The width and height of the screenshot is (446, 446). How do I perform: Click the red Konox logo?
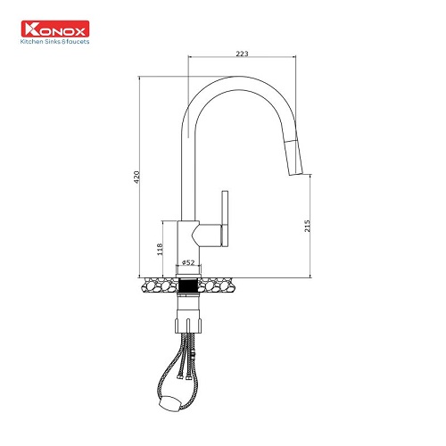(55, 29)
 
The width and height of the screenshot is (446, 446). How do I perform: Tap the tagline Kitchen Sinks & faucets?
(55, 42)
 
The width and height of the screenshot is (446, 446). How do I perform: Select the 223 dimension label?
(242, 54)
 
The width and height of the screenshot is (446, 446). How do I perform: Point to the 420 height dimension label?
(136, 178)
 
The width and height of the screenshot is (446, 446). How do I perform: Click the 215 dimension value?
(307, 226)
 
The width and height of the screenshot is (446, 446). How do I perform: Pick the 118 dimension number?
(160, 249)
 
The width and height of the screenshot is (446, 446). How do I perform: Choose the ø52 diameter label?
(188, 262)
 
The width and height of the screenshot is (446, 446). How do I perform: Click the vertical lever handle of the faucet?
(225, 219)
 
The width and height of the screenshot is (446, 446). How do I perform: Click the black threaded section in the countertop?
(188, 285)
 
